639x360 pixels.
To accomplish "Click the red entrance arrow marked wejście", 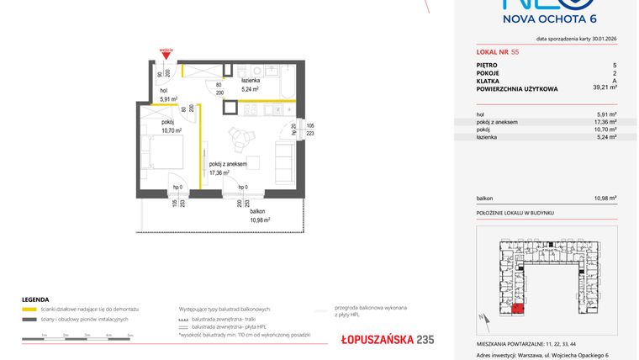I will (x=166, y=56).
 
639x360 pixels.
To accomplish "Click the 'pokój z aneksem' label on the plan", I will (x=228, y=163).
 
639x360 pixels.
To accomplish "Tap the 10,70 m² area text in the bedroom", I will (x=172, y=130).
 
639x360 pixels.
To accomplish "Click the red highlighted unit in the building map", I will (x=517, y=310).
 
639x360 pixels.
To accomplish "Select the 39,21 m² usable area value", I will (x=605, y=87).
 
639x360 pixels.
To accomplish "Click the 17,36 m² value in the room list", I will (x=607, y=122).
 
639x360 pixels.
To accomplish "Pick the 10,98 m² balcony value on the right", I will (x=605, y=199).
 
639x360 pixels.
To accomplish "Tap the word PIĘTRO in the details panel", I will (x=487, y=65).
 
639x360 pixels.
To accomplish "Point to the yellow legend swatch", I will (x=30, y=310).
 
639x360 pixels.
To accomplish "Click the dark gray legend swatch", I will (x=30, y=320).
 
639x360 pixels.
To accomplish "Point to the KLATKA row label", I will (x=487, y=80).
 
